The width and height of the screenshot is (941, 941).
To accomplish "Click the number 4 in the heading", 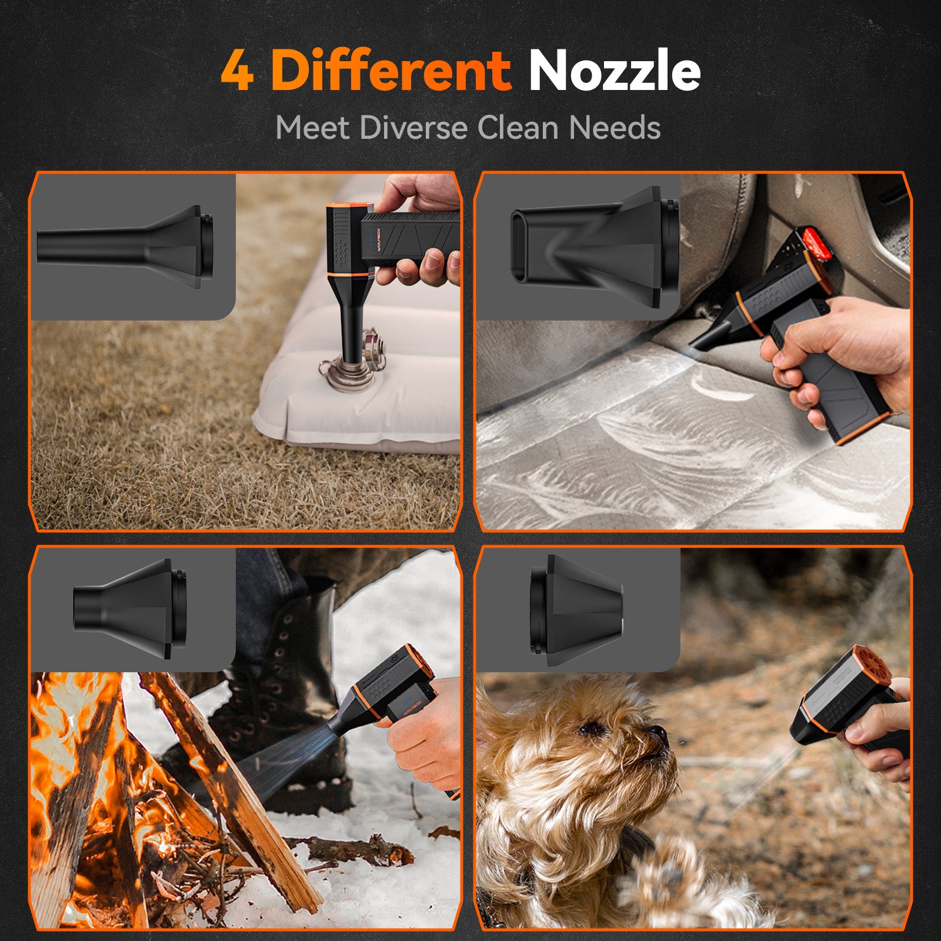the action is click(237, 71).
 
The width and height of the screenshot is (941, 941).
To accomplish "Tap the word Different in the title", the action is click(391, 70).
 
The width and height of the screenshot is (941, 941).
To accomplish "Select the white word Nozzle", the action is click(615, 70).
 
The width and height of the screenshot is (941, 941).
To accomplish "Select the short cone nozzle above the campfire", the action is click(130, 608).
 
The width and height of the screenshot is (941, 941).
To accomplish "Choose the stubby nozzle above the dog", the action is click(576, 610).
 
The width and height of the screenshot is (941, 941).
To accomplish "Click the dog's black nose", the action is click(658, 734).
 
